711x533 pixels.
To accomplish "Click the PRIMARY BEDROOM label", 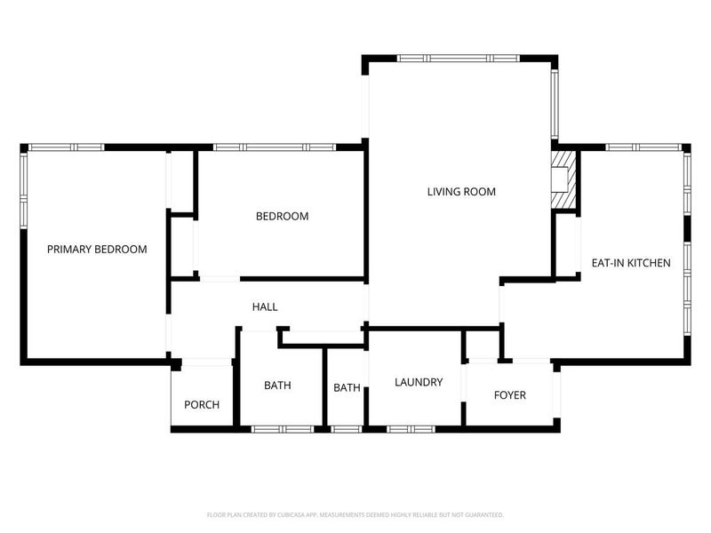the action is [97, 250].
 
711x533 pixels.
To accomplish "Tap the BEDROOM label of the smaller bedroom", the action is [282, 216].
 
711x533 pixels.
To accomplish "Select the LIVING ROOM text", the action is [461, 192].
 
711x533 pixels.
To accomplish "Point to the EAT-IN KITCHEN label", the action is [631, 263].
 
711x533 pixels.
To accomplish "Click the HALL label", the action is [265, 306].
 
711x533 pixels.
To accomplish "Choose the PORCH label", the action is [202, 404].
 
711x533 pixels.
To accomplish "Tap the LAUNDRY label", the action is [419, 382].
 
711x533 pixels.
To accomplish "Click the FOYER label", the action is [509, 395].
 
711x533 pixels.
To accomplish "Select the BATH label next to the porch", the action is [277, 386].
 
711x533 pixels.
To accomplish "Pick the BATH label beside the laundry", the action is [347, 387].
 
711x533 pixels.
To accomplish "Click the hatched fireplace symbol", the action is [563, 179].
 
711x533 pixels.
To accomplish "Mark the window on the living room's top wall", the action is [458, 58].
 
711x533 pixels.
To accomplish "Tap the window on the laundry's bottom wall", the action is [411, 429].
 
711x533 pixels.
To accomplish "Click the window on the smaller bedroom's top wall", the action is [275, 147].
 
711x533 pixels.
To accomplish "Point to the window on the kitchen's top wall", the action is [643, 147].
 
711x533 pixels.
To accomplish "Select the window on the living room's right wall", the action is [555, 104].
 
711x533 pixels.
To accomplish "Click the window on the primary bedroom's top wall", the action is [66, 147].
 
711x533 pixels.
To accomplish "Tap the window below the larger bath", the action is [283, 429].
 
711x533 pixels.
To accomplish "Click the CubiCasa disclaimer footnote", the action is [355, 515].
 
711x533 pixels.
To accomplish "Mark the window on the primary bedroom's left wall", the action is [24, 190].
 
